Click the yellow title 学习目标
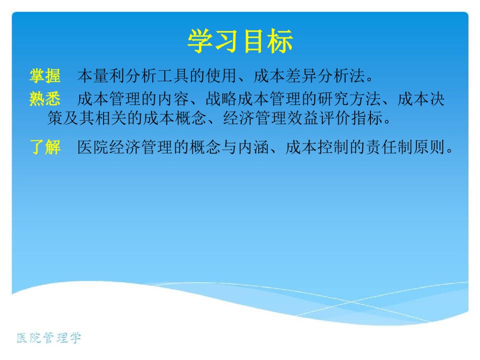point(241,41)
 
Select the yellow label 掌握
point(45,76)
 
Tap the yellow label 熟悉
point(45,99)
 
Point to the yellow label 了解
point(45,147)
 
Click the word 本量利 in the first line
point(102,76)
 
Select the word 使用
point(221,76)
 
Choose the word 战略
point(221,99)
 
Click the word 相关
point(111,118)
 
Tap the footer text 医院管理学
point(49,338)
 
